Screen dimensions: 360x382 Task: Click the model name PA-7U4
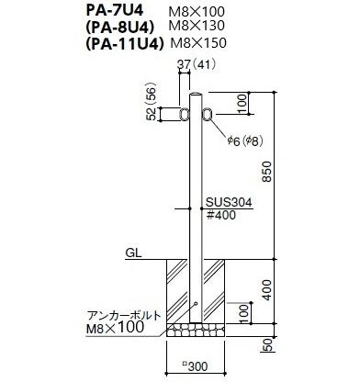point(115,11)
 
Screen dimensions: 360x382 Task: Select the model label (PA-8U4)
point(119,28)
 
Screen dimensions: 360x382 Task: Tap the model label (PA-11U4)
point(124,44)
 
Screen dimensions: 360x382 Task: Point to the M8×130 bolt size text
point(197,26)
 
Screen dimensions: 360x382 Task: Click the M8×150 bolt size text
point(198,43)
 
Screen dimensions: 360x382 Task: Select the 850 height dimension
point(267,172)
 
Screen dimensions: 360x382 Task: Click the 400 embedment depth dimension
point(267,290)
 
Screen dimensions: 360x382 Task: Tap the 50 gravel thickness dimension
point(267,345)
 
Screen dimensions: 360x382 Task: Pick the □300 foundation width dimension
point(196,365)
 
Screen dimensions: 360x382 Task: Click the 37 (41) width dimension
point(197,64)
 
